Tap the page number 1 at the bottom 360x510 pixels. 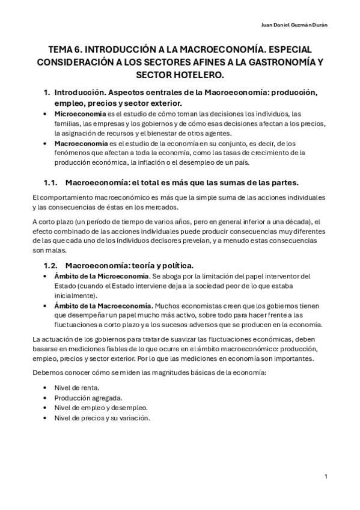pos(325,477)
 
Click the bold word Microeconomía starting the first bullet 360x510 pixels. pos(75,114)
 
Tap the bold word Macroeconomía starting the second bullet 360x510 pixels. pos(76,144)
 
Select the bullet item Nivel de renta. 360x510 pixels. pos(77,387)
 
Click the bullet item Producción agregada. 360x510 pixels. pos(88,398)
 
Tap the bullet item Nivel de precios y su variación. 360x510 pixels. pos(102,418)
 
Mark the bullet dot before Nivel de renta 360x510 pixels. pos(46,387)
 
